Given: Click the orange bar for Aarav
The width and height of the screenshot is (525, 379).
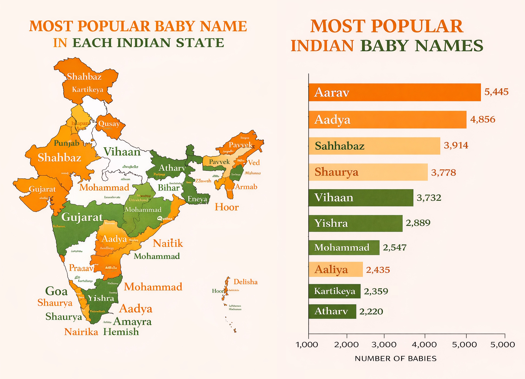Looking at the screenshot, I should (x=394, y=92).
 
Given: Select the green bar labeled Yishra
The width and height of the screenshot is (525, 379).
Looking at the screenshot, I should (x=355, y=223).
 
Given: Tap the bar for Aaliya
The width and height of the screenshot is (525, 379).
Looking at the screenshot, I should (x=335, y=270).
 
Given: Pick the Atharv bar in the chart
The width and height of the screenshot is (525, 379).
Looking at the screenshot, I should (x=332, y=311).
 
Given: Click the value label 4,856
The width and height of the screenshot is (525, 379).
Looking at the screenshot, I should (x=483, y=119).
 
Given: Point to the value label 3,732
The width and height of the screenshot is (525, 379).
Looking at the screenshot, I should (x=429, y=198).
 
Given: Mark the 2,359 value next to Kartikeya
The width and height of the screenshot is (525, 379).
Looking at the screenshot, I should (x=376, y=291).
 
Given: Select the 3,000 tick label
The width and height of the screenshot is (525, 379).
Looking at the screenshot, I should (x=384, y=345).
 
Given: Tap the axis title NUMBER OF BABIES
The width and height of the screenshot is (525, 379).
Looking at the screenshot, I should (x=396, y=359).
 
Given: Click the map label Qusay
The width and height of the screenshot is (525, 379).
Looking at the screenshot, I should (x=109, y=124).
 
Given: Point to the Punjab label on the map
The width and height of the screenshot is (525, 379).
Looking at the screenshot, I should (x=67, y=143).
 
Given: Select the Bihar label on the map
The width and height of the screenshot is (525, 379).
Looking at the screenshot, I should (x=169, y=188).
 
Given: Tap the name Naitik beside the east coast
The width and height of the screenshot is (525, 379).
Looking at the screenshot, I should (x=168, y=243).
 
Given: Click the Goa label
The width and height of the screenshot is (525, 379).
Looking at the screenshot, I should (x=56, y=291).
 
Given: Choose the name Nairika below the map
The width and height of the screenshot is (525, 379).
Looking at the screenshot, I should (x=81, y=332).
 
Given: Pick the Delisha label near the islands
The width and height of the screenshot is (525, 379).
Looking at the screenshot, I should (x=245, y=282).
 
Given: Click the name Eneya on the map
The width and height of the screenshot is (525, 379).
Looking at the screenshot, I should (x=197, y=199).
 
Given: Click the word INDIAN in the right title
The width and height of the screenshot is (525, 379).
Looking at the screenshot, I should (x=322, y=45).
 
